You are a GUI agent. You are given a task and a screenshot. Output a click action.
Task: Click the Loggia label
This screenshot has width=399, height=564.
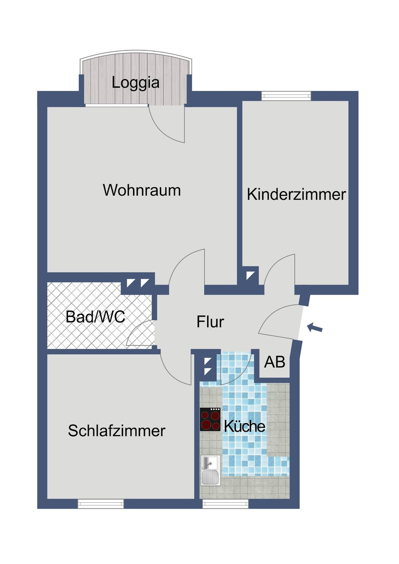pos(135,83)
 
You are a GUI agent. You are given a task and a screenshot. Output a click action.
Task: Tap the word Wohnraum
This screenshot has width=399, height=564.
pos(142,191)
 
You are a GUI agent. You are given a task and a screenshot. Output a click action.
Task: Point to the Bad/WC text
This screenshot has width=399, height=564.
pos(95,317)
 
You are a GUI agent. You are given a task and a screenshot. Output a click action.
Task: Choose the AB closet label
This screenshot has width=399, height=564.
pos(275,362)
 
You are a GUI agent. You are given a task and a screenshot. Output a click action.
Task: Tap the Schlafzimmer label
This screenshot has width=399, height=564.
pos(117,430)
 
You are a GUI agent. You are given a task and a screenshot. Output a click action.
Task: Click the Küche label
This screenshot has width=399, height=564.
pos(244,426)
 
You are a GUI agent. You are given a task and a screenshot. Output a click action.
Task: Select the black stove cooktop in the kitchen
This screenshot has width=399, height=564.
pos(210,419)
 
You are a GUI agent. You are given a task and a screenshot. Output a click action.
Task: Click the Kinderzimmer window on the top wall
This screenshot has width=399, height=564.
pos(286,96)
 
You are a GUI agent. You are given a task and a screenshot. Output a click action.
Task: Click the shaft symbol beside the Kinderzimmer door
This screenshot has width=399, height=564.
pos(250,275)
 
